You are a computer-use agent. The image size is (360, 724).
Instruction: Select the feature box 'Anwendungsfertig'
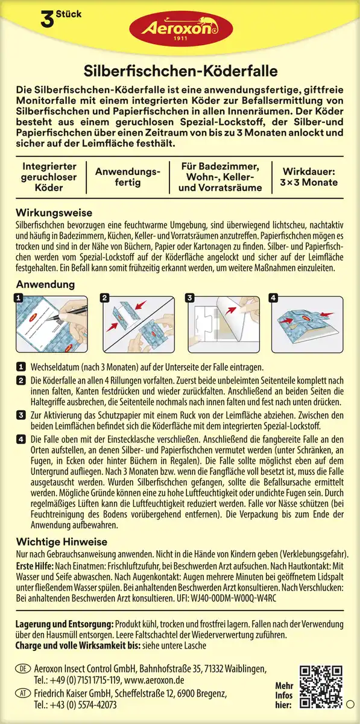pos(128,176)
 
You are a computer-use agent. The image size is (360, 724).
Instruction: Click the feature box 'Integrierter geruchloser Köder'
pos(49,176)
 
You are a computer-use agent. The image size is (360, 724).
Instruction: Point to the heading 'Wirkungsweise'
pos(54,213)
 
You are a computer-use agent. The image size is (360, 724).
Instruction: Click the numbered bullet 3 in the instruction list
pos(21,416)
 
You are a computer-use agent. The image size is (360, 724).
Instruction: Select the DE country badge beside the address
pos(22,669)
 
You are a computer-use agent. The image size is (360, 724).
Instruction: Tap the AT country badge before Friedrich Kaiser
pos(22,694)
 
